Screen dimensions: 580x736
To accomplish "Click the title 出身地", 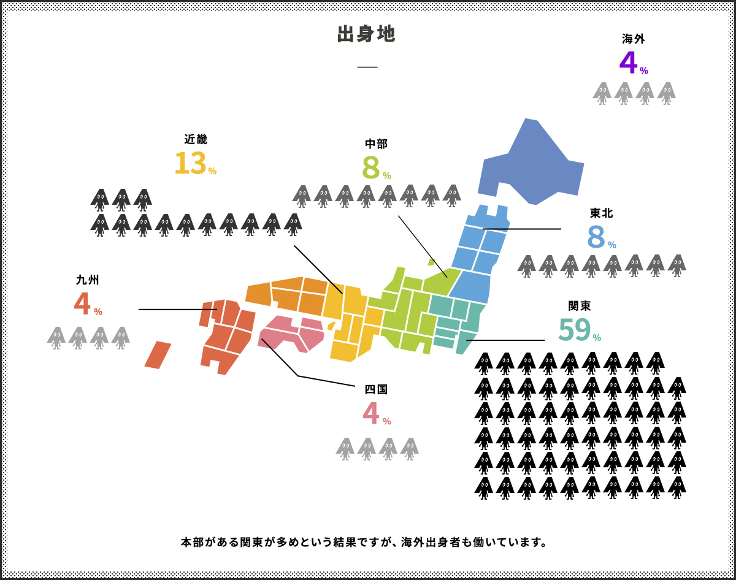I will click(366, 34).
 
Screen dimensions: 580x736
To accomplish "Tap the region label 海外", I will click(634, 39).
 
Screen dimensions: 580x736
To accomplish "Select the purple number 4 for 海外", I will click(628, 63).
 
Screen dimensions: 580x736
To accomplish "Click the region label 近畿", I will click(196, 139).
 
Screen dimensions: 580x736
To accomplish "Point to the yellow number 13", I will click(190, 164).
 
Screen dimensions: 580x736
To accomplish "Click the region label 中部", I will click(376, 144).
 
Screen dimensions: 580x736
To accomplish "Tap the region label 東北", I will click(602, 213).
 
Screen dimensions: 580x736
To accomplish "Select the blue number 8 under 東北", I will click(596, 237).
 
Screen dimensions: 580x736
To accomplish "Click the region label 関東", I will click(580, 306).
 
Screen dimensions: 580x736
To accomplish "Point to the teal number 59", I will click(574, 330).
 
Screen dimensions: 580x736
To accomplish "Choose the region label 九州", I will click(88, 280).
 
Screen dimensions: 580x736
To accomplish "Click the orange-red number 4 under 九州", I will click(82, 304).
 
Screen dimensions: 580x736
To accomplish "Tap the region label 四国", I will click(376, 389).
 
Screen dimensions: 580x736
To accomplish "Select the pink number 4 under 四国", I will click(370, 413).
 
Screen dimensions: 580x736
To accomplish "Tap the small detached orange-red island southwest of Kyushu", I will click(158, 355).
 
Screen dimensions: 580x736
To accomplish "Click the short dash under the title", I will click(367, 67).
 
